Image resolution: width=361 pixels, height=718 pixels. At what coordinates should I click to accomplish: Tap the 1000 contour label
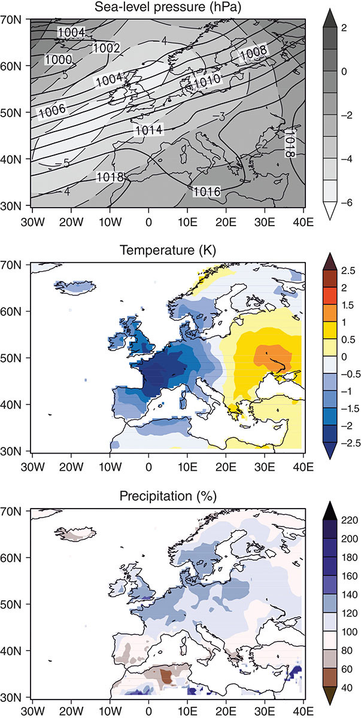[x=58, y=60]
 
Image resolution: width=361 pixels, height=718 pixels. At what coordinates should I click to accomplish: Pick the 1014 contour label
[x=148, y=130]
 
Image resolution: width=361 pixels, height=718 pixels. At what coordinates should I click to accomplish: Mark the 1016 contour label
[x=207, y=191]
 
